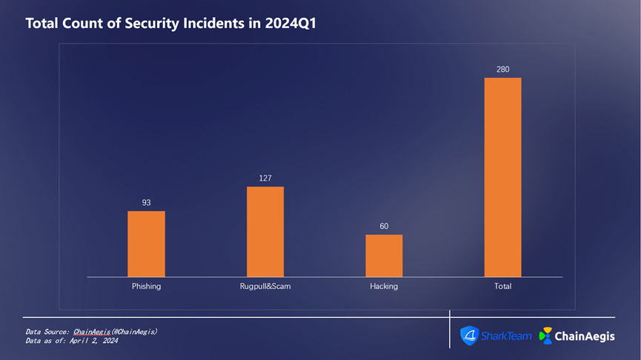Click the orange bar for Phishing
146,244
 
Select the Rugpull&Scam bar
265,231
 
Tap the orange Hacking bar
384,256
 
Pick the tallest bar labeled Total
502,177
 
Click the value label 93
147,202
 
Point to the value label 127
265,178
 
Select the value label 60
384,226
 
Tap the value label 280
503,69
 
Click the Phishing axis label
146,286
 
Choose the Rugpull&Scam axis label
265,286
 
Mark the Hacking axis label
384,286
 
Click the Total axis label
502,286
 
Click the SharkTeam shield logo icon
470,336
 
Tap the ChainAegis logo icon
546,336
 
